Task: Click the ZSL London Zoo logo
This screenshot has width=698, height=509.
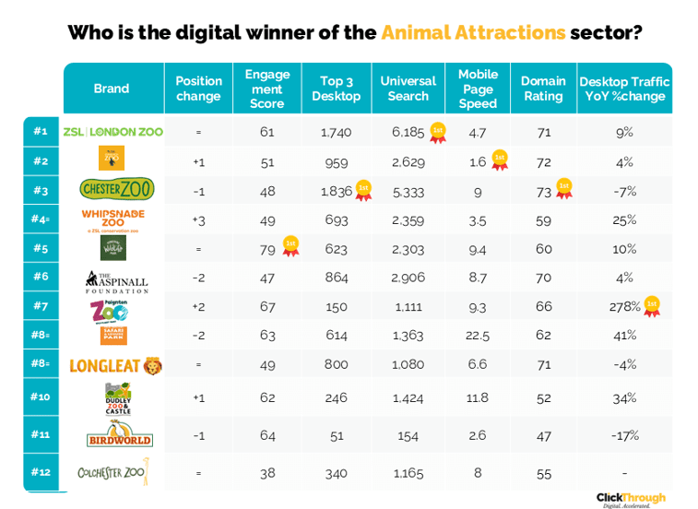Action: [112, 132]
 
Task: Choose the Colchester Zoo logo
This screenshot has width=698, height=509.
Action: [112, 472]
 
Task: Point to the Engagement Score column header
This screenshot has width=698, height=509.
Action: [266, 89]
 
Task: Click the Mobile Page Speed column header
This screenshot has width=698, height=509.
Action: [478, 89]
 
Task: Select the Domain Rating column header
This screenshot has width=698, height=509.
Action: [543, 89]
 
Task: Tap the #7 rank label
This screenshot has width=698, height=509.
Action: [41, 305]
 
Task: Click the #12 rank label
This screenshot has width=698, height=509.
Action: [41, 472]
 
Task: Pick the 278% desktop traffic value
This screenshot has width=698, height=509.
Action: [624, 306]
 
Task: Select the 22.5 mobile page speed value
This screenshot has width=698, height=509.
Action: [478, 336]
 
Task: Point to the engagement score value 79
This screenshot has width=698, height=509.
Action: [266, 248]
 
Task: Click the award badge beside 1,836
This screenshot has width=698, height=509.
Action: [362, 190]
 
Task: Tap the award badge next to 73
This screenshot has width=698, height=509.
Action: [563, 189]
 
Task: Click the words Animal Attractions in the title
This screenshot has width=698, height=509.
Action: [473, 33]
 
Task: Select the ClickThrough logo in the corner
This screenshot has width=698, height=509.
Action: [631, 499]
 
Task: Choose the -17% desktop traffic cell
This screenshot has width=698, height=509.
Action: [624, 435]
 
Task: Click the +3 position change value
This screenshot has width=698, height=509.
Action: [198, 220]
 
